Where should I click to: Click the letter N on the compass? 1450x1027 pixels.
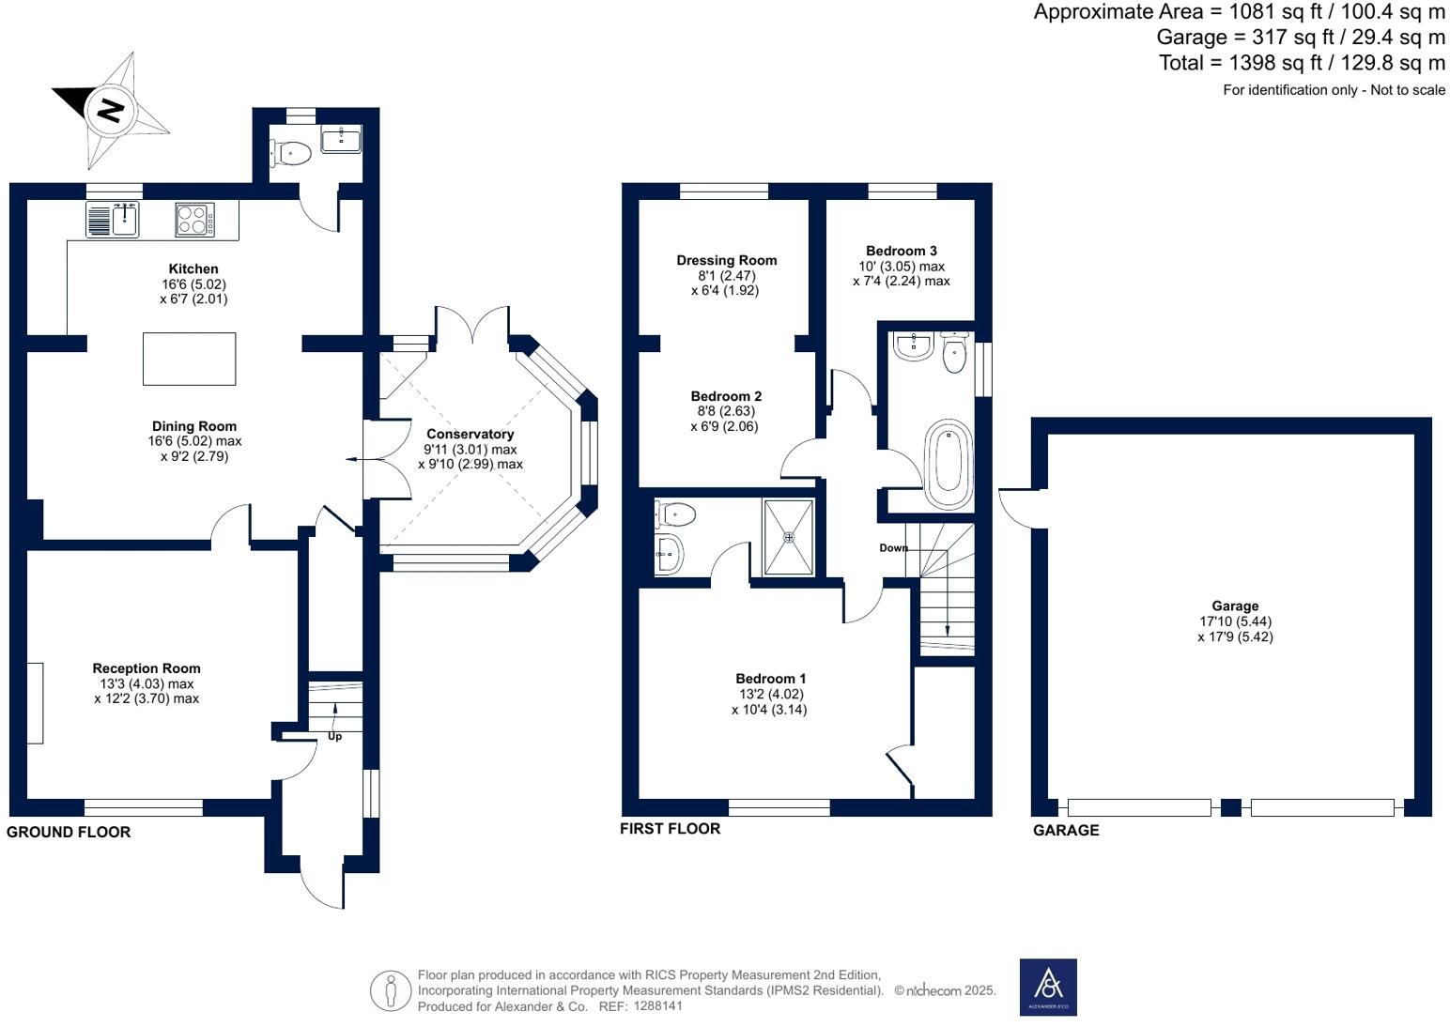tap(111, 111)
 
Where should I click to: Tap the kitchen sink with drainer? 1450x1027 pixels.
tap(114, 220)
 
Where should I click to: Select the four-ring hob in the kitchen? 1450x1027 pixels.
tap(194, 220)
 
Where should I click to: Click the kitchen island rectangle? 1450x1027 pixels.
tap(189, 359)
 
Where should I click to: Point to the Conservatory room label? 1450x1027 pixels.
tap(470, 434)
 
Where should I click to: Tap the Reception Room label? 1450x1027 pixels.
tap(147, 668)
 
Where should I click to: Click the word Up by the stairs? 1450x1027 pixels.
tap(334, 736)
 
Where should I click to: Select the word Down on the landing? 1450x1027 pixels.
tap(893, 547)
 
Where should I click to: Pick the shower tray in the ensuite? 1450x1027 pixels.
tap(789, 537)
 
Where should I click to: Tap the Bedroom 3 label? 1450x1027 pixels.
tap(901, 251)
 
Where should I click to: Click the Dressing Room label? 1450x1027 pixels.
tap(726, 260)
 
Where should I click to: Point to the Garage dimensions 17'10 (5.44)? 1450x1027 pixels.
tap(1235, 621)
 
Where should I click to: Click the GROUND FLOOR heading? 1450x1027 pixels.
tap(69, 832)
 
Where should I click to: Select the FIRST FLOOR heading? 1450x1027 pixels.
tap(670, 828)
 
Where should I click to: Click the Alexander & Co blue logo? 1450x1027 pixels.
tap(1048, 987)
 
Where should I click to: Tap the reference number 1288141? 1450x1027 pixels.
tap(658, 1005)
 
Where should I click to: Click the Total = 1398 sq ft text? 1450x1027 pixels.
tap(1302, 63)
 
